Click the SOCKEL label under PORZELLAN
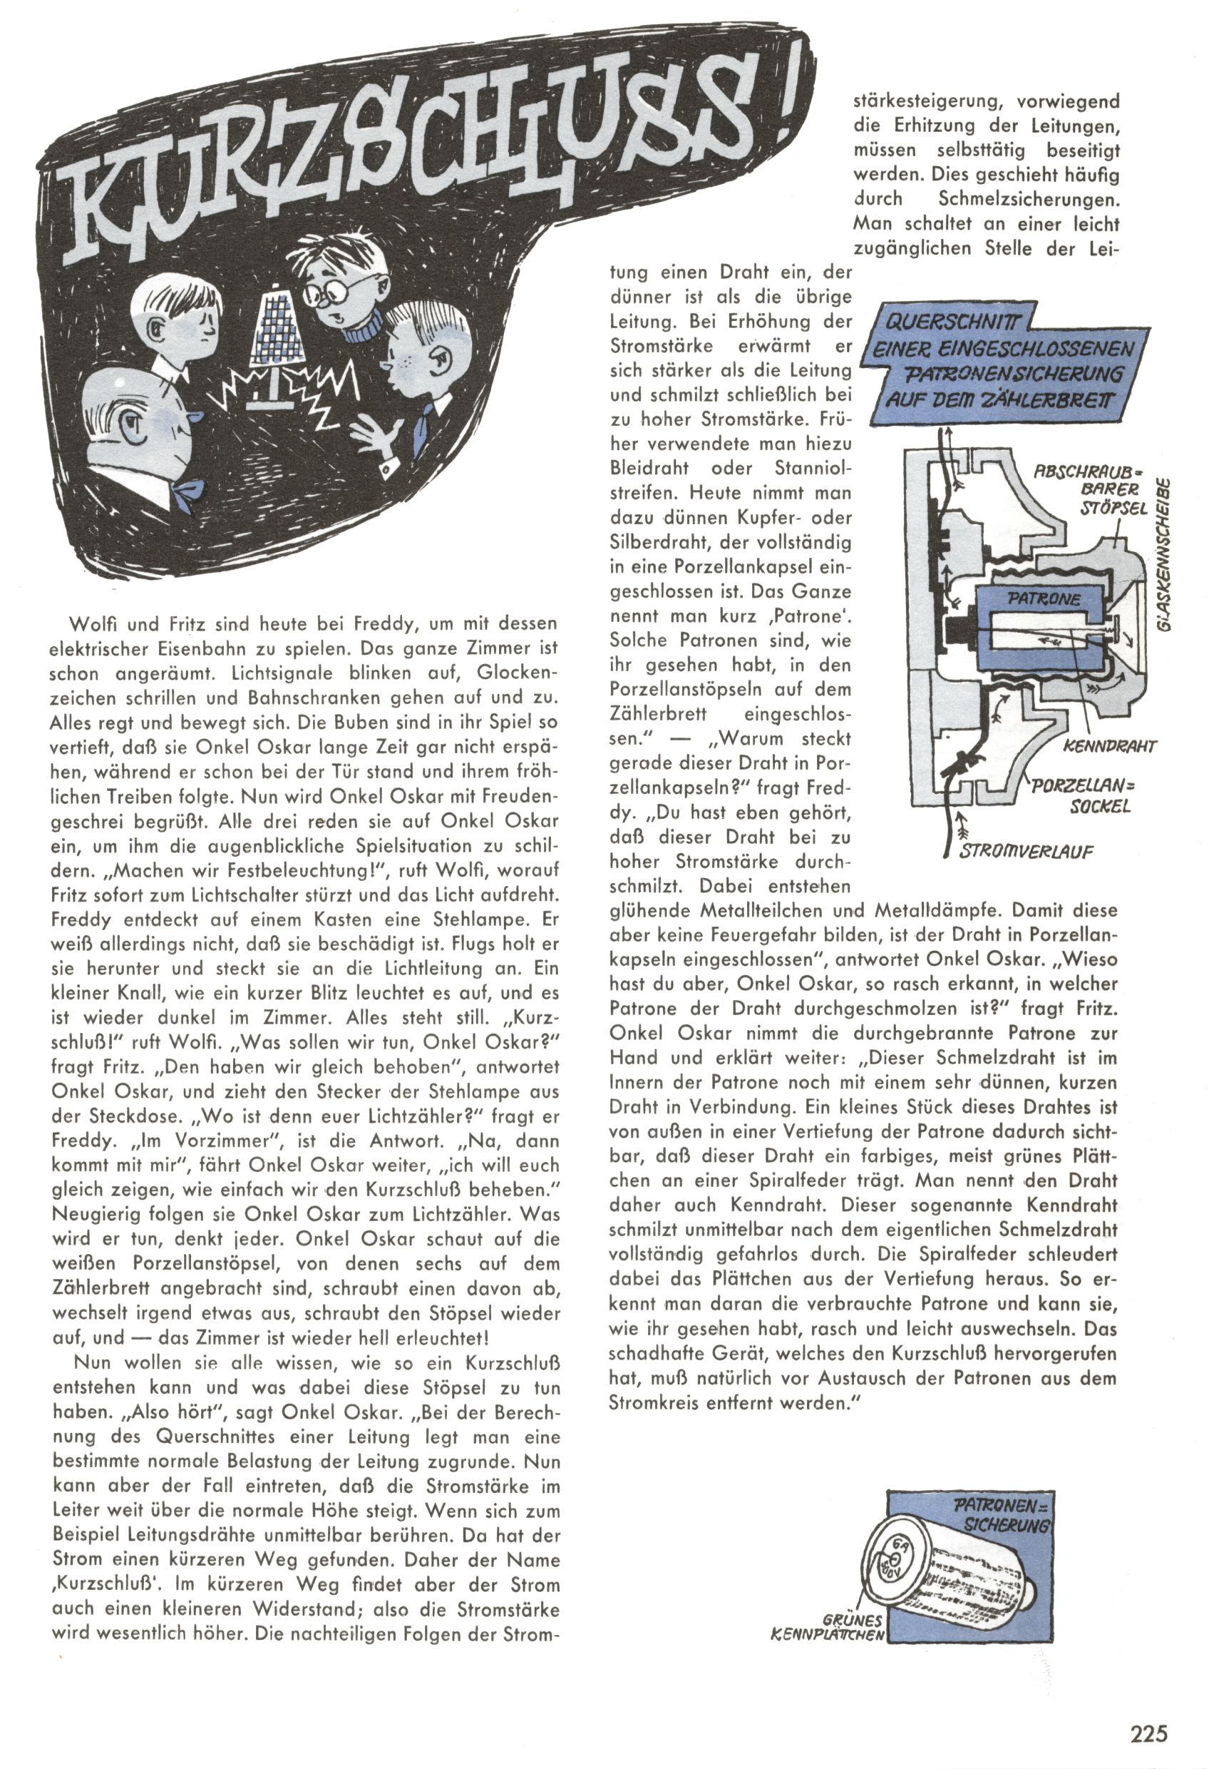1099,806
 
